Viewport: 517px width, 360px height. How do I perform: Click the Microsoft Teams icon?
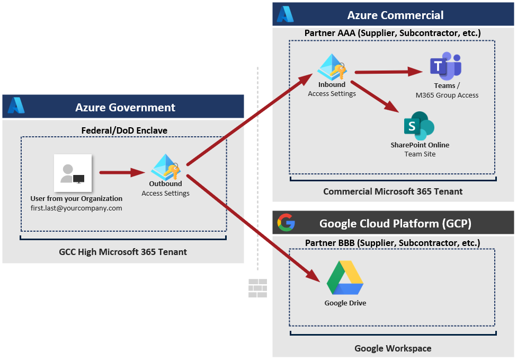tap(445, 66)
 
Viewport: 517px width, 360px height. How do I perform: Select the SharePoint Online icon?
tap(419, 126)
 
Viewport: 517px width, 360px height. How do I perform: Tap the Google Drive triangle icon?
tap(345, 278)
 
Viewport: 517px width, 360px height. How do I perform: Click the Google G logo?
tap(287, 223)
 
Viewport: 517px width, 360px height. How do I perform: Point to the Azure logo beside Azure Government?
tap(16, 107)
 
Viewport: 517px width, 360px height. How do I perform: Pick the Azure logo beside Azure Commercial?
tap(286, 14)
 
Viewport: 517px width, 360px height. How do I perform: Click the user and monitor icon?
tap(73, 173)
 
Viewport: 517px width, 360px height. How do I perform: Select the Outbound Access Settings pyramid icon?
tap(165, 168)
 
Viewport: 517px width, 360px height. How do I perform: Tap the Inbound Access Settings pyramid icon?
tap(332, 67)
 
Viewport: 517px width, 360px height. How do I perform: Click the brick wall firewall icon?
tap(258, 288)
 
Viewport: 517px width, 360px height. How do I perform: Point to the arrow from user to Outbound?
tap(122, 172)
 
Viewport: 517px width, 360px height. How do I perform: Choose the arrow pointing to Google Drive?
tap(254, 228)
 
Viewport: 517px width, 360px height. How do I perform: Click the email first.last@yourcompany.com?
tap(76, 208)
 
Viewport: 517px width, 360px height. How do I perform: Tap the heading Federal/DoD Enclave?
tap(123, 130)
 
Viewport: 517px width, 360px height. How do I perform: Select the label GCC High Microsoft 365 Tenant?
tap(123, 252)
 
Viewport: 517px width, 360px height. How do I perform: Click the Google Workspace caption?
tap(393, 348)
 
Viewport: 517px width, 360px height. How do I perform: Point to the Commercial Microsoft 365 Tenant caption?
tap(393, 191)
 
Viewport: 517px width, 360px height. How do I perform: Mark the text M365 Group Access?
tap(447, 95)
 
